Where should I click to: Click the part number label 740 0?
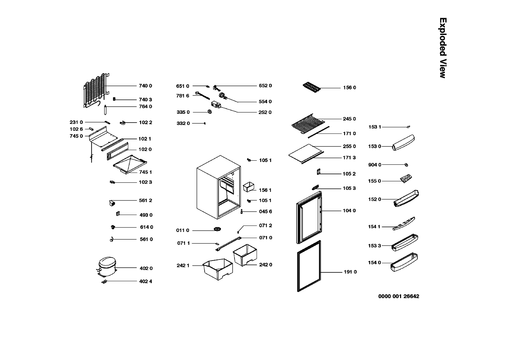coord(145,86)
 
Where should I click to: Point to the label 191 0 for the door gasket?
coord(350,272)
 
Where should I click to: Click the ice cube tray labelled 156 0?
coord(312,87)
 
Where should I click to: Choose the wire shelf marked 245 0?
coord(307,122)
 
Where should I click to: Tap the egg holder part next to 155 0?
coord(406,178)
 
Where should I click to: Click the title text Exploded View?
coord(442,48)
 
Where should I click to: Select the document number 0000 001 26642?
coord(399,296)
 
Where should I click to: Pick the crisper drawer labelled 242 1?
coord(218,269)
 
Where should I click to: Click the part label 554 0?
coord(265,102)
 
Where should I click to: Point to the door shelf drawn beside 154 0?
coord(403,263)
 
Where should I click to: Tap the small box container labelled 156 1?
coord(249,187)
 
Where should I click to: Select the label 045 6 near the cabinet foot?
coord(265,212)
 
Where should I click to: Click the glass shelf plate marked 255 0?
coord(305,151)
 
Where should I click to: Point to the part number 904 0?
coord(375,165)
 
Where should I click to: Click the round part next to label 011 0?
coord(218,230)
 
